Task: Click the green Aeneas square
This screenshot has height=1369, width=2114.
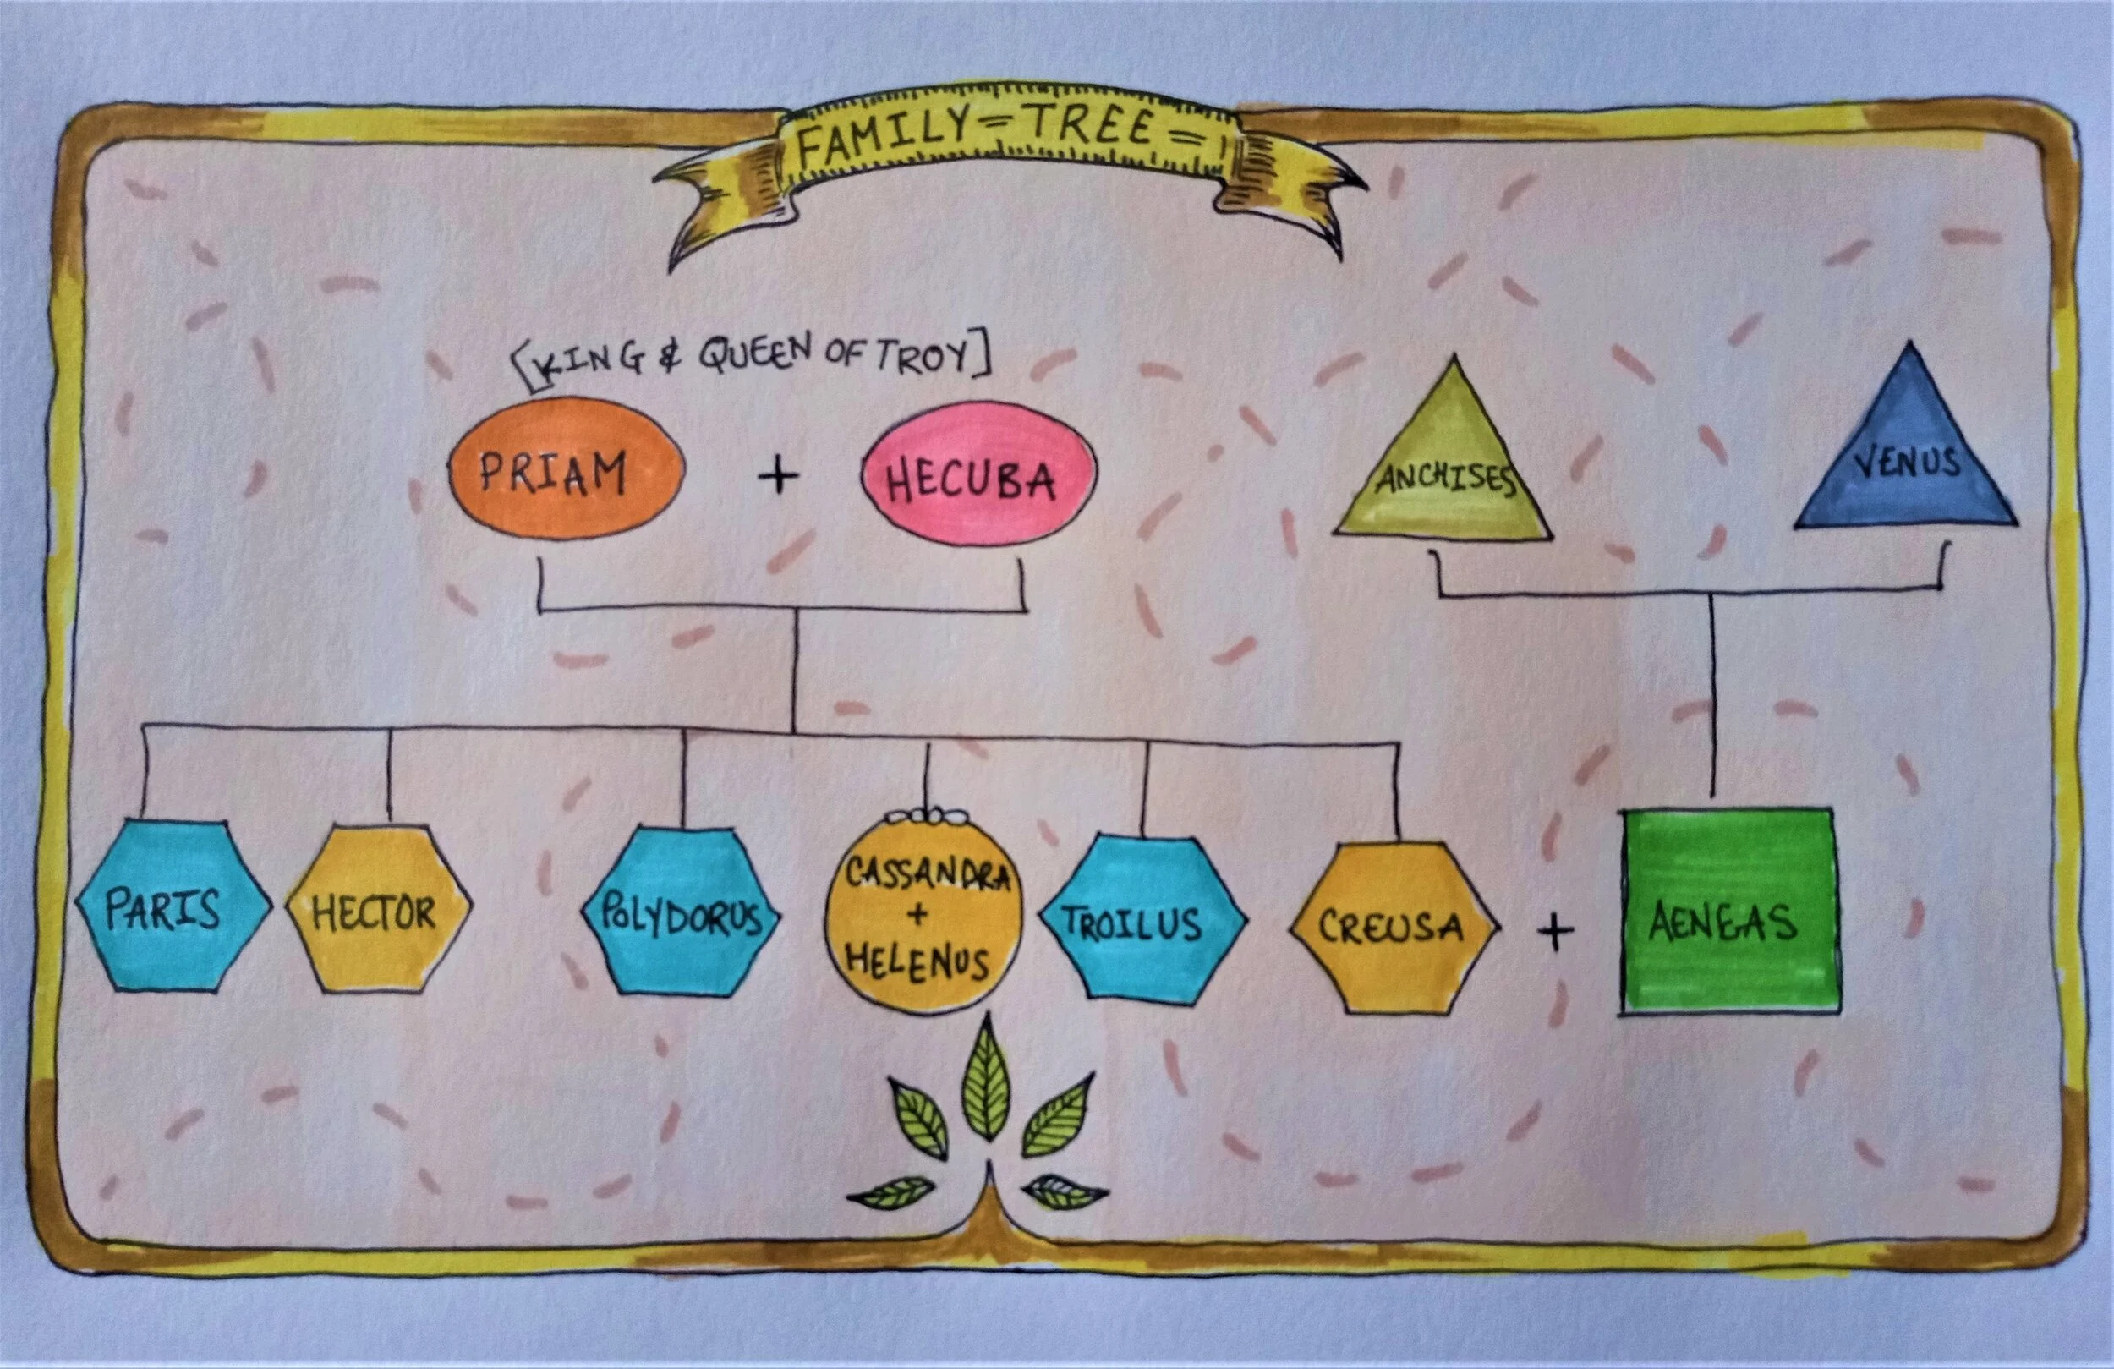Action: tap(1728, 911)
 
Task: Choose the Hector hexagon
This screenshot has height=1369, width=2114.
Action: tap(378, 911)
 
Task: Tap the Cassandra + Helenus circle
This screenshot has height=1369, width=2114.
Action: tap(923, 915)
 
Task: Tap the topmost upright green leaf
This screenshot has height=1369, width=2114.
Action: tap(986, 1079)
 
